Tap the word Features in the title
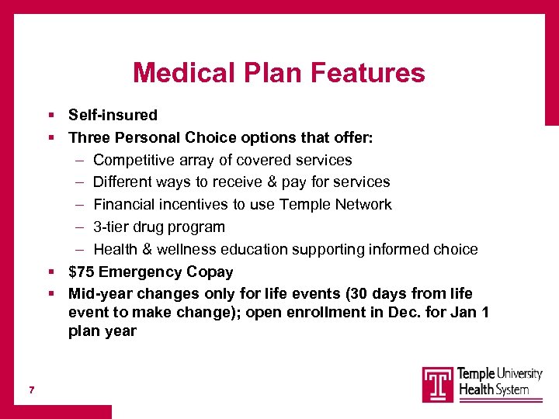(367, 73)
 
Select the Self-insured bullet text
(113, 116)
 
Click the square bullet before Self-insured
(50, 116)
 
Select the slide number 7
(31, 389)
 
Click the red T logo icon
(438, 384)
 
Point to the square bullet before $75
(50, 272)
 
